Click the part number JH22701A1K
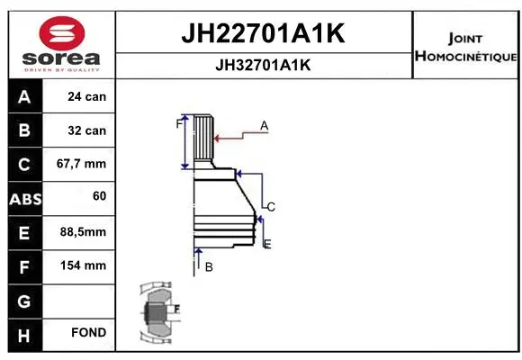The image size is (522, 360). (x=264, y=34)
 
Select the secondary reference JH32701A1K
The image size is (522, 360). (x=264, y=65)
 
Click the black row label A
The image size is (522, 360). (x=23, y=96)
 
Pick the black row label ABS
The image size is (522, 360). (x=23, y=198)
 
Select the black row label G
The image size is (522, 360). (x=23, y=299)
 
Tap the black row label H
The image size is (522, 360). (x=23, y=333)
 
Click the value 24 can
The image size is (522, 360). (x=87, y=96)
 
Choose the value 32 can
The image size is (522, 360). (x=87, y=130)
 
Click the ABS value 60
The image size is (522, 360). (x=99, y=196)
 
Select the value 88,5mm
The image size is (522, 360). (x=84, y=232)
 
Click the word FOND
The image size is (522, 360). (x=88, y=333)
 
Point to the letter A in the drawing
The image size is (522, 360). (x=265, y=125)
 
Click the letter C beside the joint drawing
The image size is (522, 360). (x=270, y=207)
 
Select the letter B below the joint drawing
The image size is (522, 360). (x=208, y=266)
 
